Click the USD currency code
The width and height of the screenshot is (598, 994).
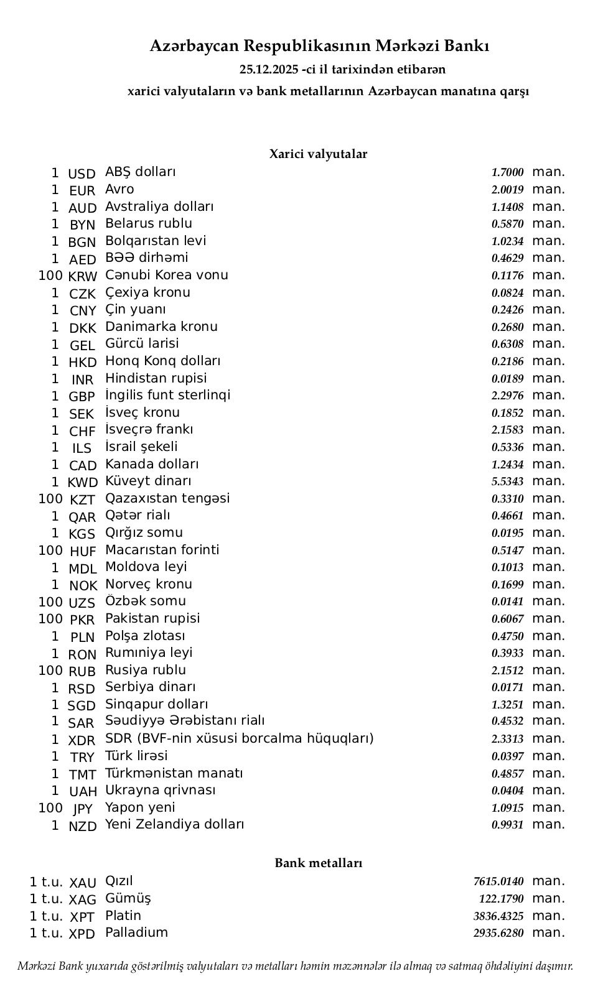point(82,174)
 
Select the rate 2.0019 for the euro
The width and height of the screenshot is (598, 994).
point(507,190)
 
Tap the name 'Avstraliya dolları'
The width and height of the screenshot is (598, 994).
point(159,207)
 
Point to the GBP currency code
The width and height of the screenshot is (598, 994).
point(82,396)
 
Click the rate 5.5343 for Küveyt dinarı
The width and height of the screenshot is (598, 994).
point(507,481)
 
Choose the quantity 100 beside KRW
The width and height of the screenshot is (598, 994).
point(50,276)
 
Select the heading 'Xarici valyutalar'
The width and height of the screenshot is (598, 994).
point(318,154)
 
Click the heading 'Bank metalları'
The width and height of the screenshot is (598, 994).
point(318,863)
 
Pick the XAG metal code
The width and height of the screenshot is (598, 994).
point(83,899)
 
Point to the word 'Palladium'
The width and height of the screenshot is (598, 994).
point(136,932)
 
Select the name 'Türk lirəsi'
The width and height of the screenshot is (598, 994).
point(136,756)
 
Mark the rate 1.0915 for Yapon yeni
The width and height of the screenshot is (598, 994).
point(507,808)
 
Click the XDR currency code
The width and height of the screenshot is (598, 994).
point(82,740)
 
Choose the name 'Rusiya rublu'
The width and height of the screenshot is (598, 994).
point(146,670)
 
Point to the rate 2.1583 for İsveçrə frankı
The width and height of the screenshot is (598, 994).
point(507,430)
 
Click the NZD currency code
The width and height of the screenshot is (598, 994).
point(83,826)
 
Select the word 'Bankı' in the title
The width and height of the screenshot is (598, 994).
point(469,45)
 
